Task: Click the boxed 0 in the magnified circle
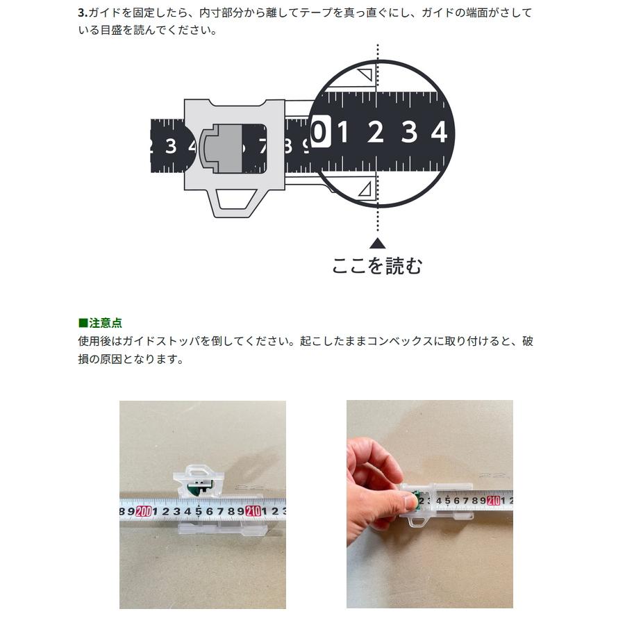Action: point(319,131)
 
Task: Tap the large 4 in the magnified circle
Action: point(438,131)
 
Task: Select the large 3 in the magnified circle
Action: point(409,131)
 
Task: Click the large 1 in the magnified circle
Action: point(343,131)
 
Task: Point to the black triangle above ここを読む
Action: point(377,243)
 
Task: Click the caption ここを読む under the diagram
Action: point(377,265)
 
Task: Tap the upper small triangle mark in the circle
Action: point(365,76)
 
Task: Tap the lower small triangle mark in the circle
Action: point(365,188)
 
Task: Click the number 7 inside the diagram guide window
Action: point(262,147)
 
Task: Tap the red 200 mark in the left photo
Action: point(144,512)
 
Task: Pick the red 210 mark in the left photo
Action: point(252,512)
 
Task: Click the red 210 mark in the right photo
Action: point(494,499)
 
